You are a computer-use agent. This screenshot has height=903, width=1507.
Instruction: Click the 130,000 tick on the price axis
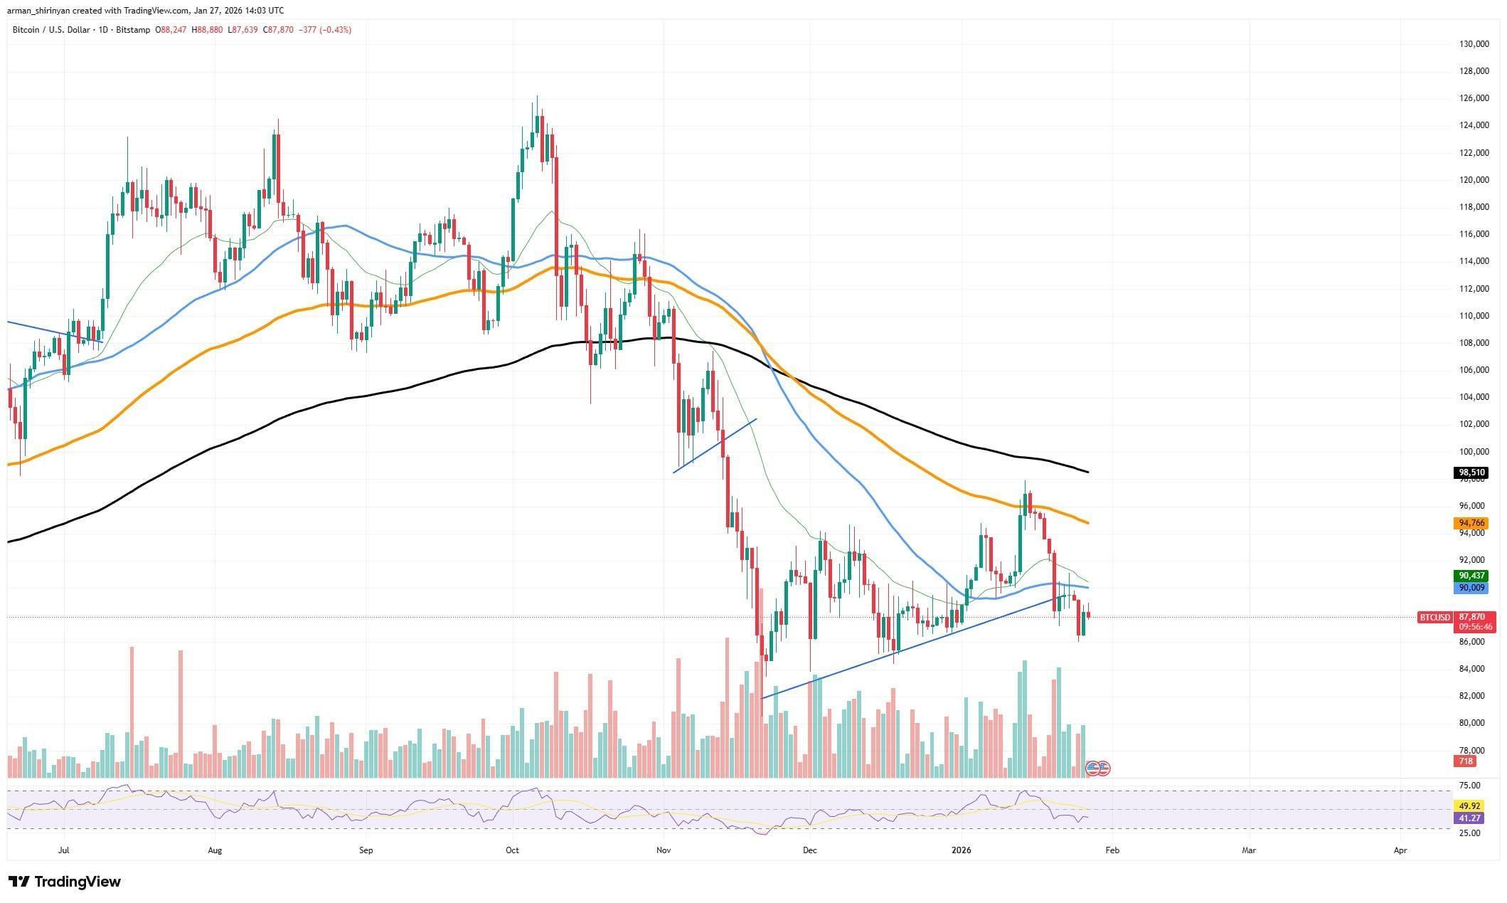coord(1469,44)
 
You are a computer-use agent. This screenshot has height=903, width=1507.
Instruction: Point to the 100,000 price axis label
coord(1469,451)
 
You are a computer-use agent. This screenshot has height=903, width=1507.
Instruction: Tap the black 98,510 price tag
coord(1468,472)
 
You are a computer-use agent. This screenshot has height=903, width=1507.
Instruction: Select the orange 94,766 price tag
coord(1468,523)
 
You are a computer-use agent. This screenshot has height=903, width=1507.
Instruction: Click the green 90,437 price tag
coord(1468,576)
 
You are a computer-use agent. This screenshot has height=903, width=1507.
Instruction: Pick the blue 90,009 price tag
coord(1468,588)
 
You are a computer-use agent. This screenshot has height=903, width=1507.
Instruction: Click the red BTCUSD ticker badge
coord(1434,617)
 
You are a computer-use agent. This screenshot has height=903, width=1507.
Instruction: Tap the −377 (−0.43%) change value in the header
coord(326,30)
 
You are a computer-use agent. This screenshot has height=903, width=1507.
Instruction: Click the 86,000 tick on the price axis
coord(1469,641)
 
